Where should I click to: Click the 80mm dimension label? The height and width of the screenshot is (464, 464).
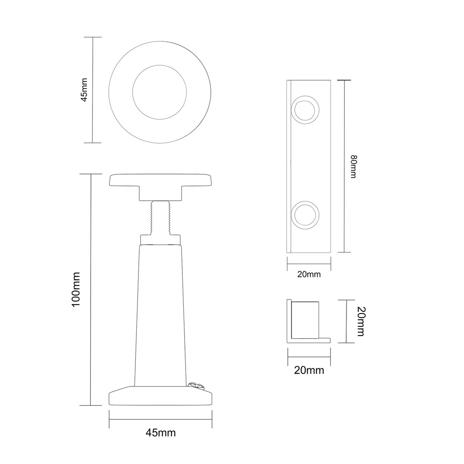pyautogui.click(x=354, y=166)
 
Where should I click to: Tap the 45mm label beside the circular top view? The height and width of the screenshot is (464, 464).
pyautogui.click(x=84, y=90)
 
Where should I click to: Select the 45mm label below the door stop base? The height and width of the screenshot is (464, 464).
pyautogui.click(x=161, y=432)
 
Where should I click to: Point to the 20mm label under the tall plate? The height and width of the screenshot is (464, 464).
pyautogui.click(x=309, y=274)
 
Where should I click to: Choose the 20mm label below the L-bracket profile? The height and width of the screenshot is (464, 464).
pyautogui.click(x=309, y=370)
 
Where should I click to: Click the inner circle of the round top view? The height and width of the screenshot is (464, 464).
pyautogui.click(x=159, y=92)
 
